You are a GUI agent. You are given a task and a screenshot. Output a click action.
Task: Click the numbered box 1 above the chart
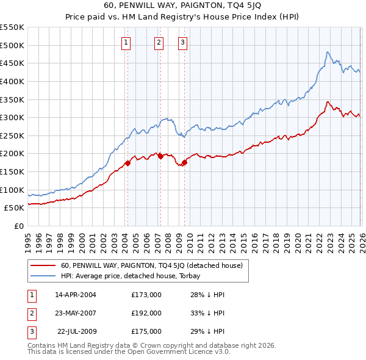coord(126,42)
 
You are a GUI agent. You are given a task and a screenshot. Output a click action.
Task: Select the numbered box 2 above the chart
coord(159,42)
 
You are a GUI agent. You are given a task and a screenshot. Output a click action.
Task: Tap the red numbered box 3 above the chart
coord(182,42)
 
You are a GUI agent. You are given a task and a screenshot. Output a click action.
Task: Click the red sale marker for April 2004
coord(127,163)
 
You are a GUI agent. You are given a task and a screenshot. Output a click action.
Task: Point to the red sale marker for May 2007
coord(160,156)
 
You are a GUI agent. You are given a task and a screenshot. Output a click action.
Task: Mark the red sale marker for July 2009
coord(184,162)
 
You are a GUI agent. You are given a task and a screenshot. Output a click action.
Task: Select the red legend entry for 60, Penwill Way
coord(152,265)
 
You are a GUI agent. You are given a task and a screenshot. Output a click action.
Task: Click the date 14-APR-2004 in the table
coord(76,295)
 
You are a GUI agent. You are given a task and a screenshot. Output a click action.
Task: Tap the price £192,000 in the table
coord(146,313)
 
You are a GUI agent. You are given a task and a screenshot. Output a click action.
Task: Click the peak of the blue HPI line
coord(328,52)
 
